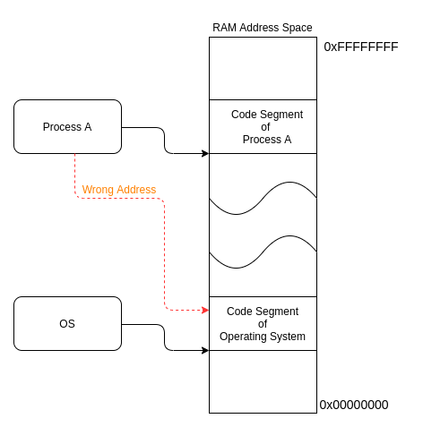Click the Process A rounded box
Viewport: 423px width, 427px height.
tap(67, 127)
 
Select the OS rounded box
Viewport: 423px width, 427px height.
tap(67, 324)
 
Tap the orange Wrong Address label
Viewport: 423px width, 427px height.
tap(119, 190)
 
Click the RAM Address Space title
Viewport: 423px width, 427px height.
tap(263, 28)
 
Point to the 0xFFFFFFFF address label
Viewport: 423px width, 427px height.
tap(361, 47)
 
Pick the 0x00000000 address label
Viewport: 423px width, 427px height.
tap(354, 405)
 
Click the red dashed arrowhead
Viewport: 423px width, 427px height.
tap(205, 311)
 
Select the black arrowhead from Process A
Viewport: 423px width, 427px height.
tap(205, 154)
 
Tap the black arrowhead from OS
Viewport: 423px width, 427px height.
tap(205, 350)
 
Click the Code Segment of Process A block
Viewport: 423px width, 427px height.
tap(263, 127)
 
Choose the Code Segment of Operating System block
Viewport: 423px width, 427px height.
tap(263, 324)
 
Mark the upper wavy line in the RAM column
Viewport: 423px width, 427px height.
tap(263, 198)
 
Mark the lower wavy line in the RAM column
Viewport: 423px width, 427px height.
tap(263, 252)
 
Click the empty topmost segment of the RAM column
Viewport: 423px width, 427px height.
tap(263, 68)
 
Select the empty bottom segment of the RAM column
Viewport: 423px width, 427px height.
tap(263, 382)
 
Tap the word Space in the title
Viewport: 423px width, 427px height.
tap(298, 28)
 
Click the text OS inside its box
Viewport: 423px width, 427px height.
tap(67, 324)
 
